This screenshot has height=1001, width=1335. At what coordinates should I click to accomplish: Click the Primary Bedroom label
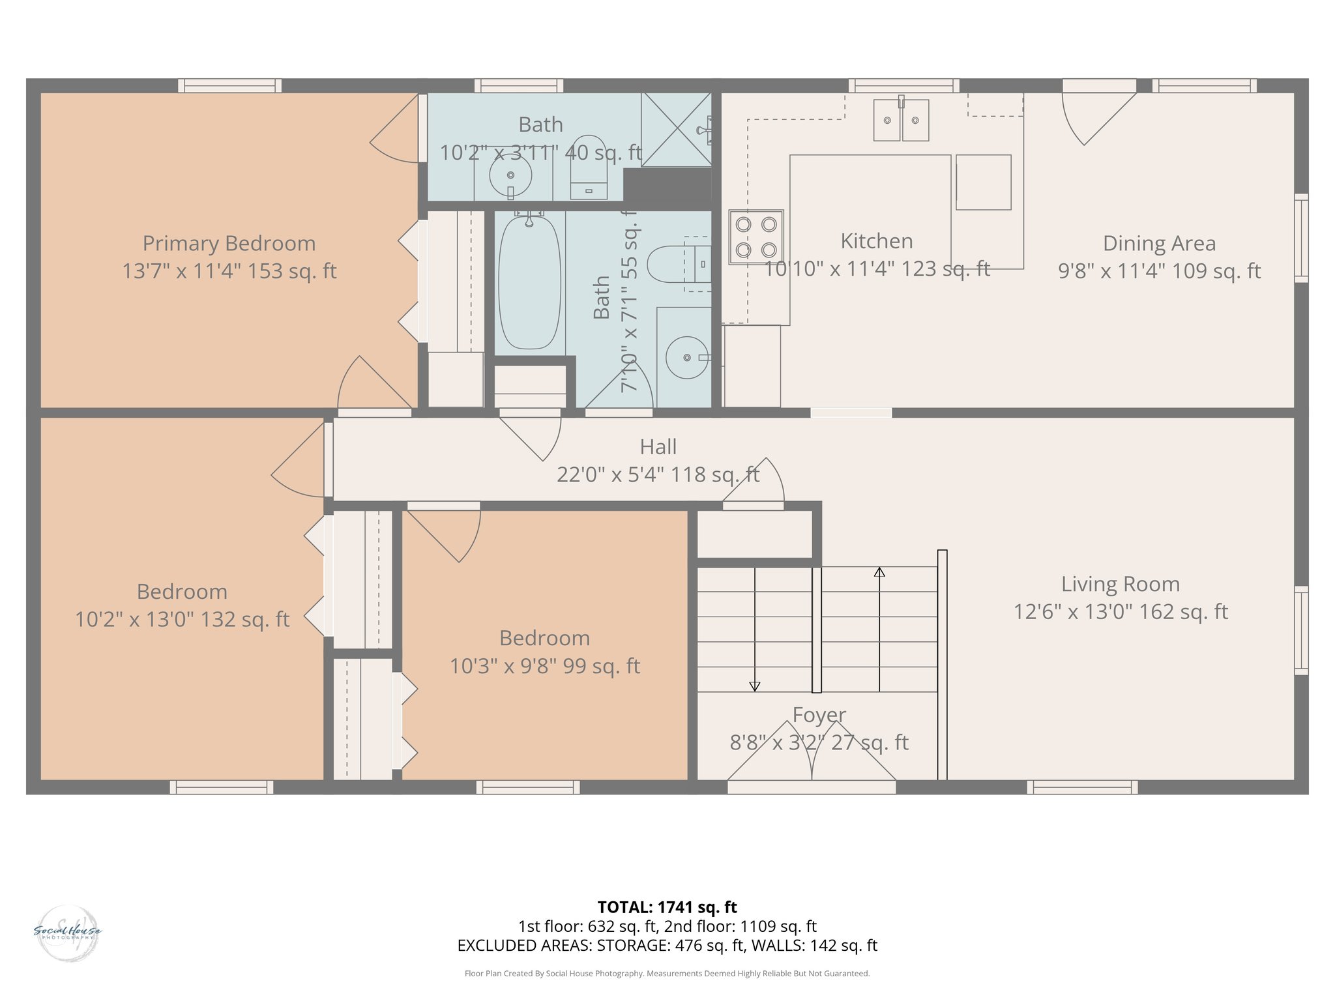pos(229,243)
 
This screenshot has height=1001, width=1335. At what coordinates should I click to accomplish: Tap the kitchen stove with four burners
pos(756,237)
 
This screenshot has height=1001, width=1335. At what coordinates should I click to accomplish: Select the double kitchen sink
pos(901,120)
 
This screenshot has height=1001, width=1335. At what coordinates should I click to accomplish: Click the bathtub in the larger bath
pos(529,283)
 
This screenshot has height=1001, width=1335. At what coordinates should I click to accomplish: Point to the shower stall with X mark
pos(676,129)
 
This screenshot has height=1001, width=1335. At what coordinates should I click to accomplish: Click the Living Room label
pos(1120,584)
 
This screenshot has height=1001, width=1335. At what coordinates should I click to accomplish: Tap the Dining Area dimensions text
pos(1159,271)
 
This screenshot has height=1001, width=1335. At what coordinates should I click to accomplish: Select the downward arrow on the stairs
pos(754,685)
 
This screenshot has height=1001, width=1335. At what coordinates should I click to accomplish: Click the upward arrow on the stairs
pos(879,572)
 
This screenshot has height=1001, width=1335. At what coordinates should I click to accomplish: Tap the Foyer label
pos(819,715)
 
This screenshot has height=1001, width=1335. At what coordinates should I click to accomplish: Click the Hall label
pos(658,447)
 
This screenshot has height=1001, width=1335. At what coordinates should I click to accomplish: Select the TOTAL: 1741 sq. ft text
pos(667,907)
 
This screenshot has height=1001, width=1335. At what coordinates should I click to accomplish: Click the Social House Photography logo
pos(67,933)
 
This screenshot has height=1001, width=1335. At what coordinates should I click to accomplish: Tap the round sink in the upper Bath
pos(510,175)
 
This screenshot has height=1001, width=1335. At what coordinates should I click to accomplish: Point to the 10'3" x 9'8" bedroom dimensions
pos(544,666)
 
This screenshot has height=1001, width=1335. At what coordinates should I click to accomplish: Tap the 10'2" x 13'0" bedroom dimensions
pos(182,619)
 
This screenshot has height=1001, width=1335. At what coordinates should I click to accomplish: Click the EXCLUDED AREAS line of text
pos(667,946)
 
